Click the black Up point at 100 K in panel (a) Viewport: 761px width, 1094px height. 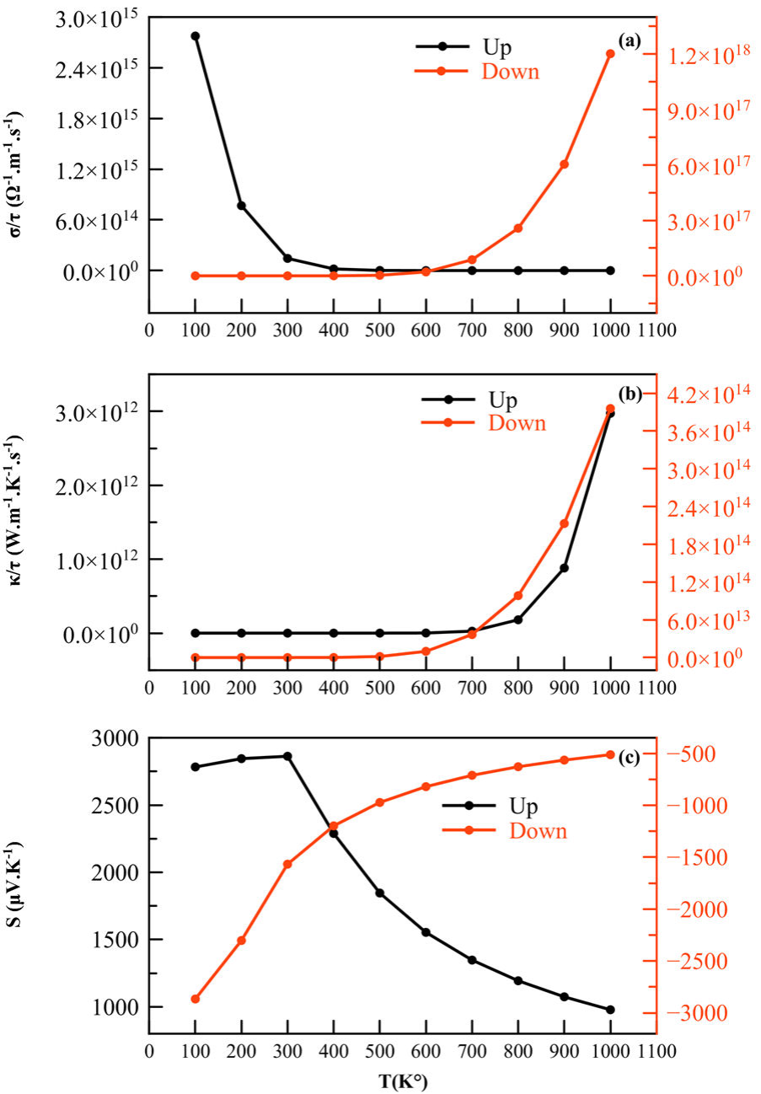pyautogui.click(x=195, y=36)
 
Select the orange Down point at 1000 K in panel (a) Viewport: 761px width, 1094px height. pyautogui.click(x=610, y=54)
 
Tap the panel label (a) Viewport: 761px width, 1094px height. pyautogui.click(x=630, y=40)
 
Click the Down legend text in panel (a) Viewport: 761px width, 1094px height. pyautogui.click(x=510, y=72)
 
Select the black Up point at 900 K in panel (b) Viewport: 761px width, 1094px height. pyautogui.click(x=564, y=568)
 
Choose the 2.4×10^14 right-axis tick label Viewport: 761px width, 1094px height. pyautogui.click(x=705, y=507)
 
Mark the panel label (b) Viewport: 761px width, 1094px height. pyautogui.click(x=630, y=393)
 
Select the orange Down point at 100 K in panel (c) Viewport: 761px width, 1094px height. pyautogui.click(x=195, y=999)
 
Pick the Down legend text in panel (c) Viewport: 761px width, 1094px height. pyautogui.click(x=538, y=831)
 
